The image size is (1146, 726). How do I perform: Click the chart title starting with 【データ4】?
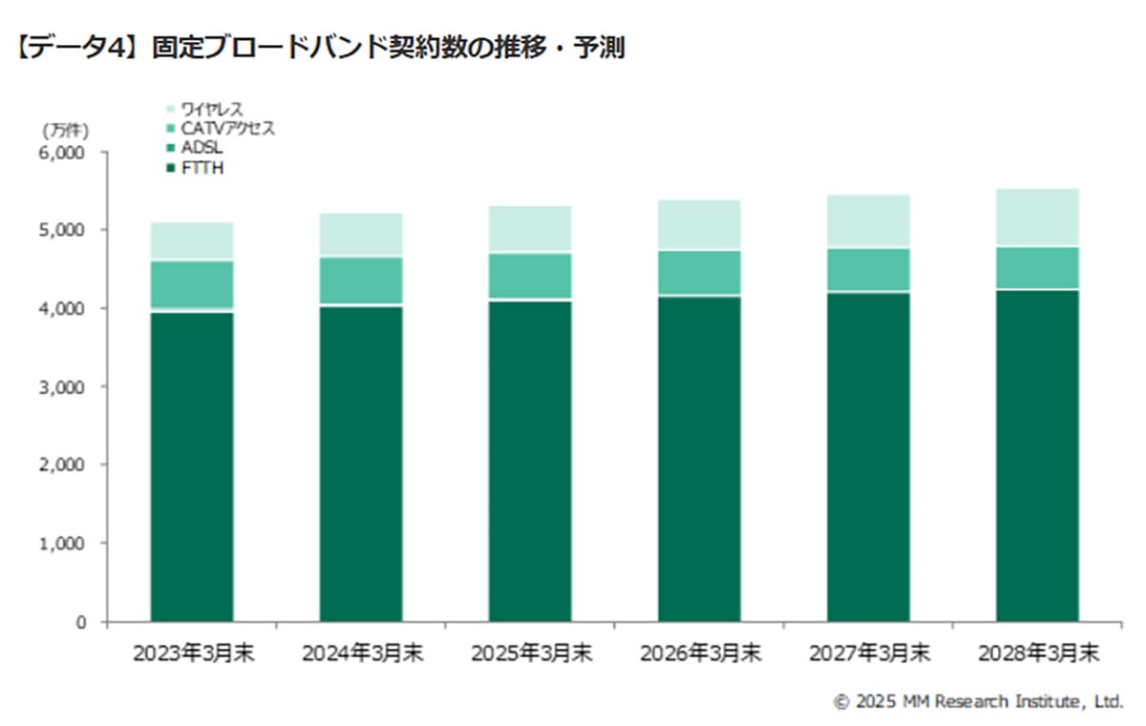coord(320,49)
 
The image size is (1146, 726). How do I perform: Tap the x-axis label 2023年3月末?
coord(193,654)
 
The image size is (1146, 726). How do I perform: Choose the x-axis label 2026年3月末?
coord(700,654)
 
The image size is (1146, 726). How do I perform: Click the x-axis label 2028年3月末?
coord(1038,654)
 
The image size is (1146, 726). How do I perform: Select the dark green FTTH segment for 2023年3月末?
coord(192,467)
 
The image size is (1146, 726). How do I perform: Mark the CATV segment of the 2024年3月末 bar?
coord(361,280)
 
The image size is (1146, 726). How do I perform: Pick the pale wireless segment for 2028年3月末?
coord(1037,218)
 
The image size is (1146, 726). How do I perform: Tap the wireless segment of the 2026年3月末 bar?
coord(699,225)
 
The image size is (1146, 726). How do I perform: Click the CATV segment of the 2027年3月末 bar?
coord(868,270)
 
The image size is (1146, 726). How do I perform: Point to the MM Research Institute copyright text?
coord(978,702)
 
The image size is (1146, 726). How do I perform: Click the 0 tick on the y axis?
coord(80,622)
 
